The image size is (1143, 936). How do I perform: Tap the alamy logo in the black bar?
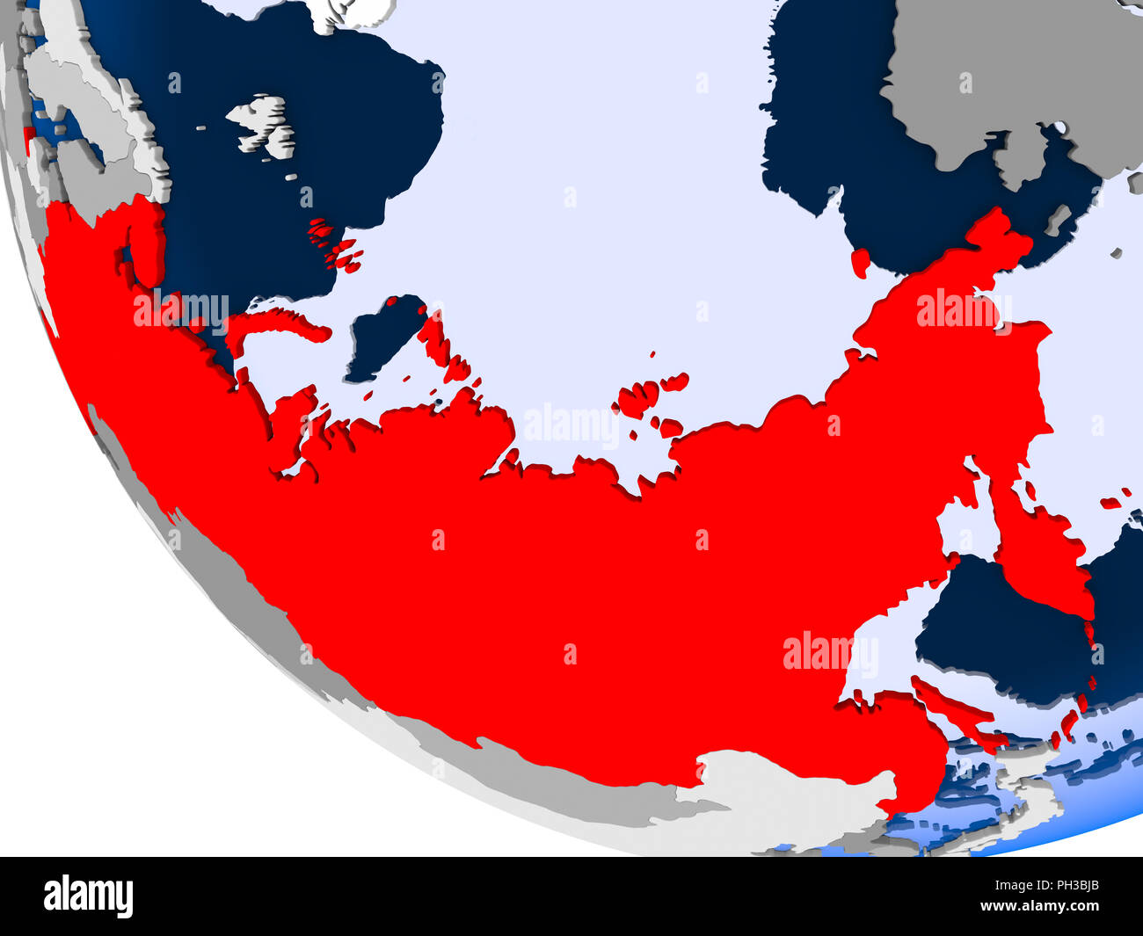pos(88,896)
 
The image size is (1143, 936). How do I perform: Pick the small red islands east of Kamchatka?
pos(1113,504)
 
